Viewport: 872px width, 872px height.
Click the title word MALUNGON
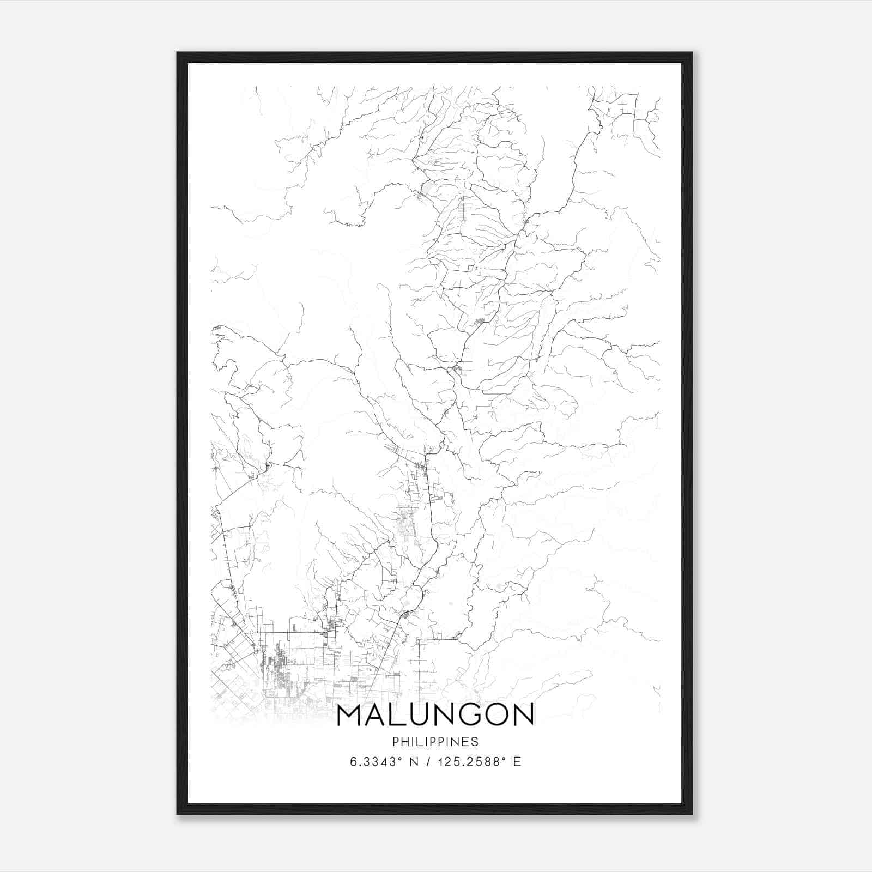point(435,715)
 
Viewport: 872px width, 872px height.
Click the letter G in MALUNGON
point(472,715)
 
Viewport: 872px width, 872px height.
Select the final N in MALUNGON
point(523,715)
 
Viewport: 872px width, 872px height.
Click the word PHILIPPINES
point(435,742)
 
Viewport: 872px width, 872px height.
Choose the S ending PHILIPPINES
point(475,742)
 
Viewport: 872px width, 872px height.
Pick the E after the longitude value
point(517,762)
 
